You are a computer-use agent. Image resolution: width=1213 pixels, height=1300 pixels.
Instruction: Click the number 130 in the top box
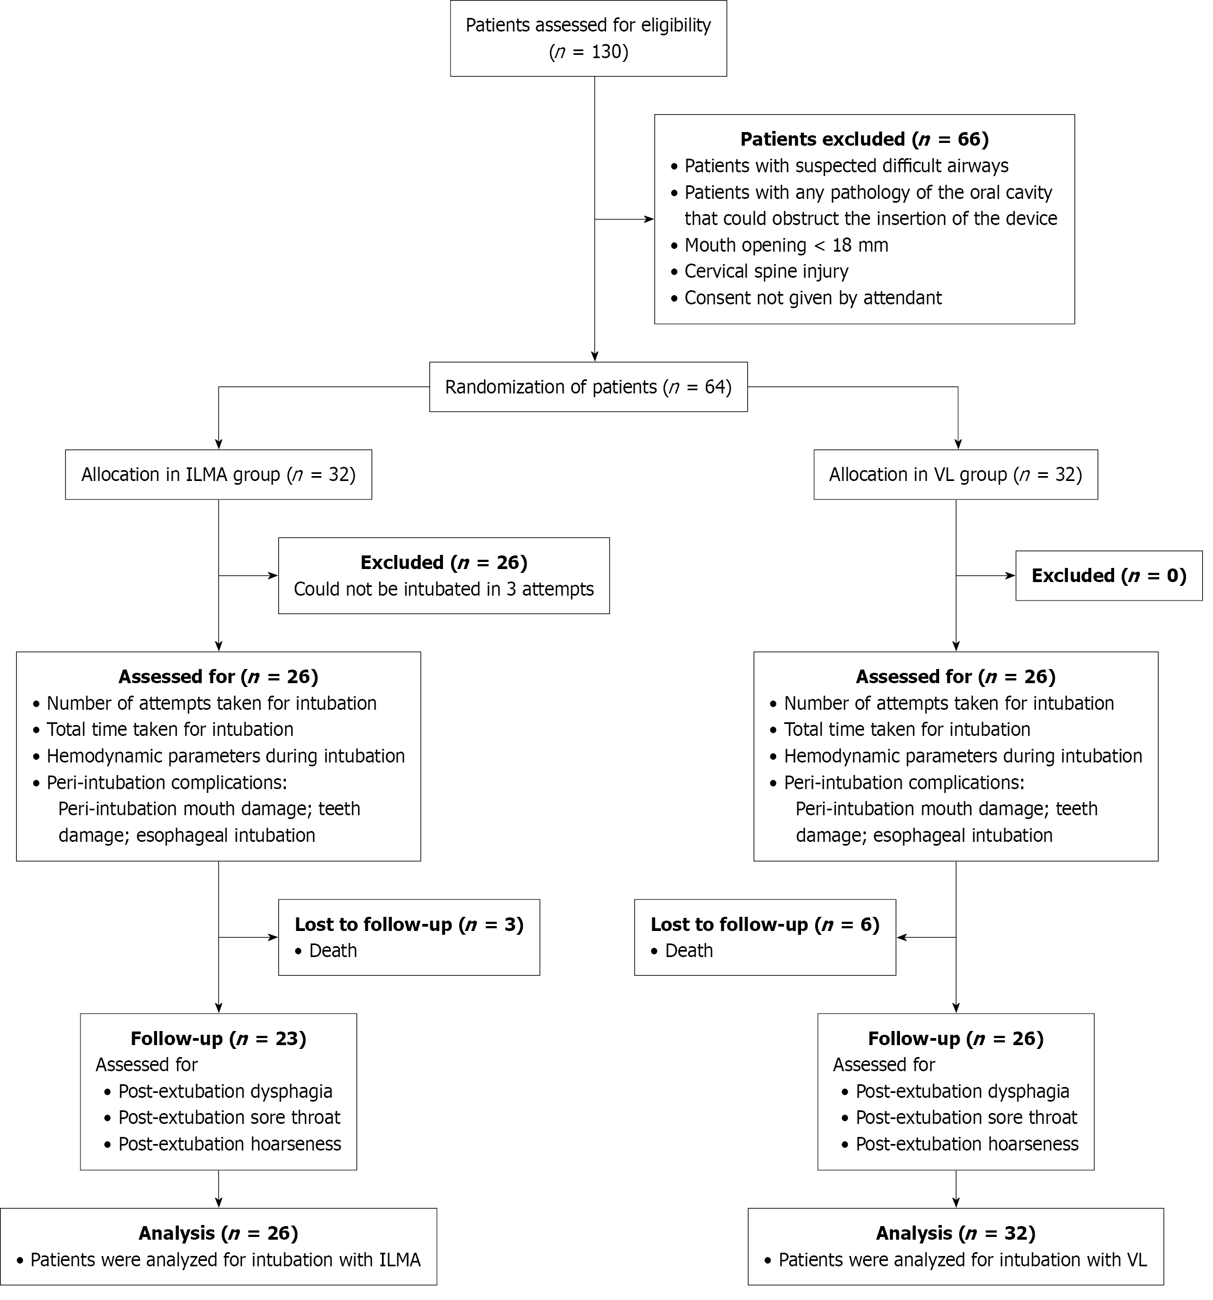tap(605, 52)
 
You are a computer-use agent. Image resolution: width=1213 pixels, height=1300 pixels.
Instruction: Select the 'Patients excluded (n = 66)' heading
tap(864, 139)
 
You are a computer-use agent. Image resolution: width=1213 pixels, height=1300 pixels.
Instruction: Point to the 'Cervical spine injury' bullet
tap(766, 271)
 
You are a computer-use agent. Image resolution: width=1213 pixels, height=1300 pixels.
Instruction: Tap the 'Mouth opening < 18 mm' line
tap(785, 245)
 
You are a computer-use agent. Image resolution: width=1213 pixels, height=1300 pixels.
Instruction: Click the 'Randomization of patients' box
tap(588, 387)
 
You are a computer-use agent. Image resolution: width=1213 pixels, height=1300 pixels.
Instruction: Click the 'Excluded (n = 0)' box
tap(1108, 576)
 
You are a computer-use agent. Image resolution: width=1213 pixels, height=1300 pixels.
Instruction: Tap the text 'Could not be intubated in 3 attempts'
tap(443, 589)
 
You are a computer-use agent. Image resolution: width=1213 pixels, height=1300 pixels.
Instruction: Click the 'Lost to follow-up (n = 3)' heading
tap(409, 924)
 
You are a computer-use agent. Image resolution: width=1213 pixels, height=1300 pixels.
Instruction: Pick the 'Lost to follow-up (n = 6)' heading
tap(765, 924)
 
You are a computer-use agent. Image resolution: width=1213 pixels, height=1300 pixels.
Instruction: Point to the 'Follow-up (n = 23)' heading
tap(218, 1039)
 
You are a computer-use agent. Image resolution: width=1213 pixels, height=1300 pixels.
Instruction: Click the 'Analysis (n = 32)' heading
tap(955, 1233)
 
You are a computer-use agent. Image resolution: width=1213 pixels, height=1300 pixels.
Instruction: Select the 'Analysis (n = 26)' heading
tap(218, 1233)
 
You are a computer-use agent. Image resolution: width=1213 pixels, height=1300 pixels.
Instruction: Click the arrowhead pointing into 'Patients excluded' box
tap(649, 220)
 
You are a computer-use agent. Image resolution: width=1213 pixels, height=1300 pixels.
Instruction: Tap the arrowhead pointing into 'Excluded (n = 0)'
tap(1010, 576)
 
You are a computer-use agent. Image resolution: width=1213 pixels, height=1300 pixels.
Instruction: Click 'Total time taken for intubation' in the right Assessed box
tap(906, 729)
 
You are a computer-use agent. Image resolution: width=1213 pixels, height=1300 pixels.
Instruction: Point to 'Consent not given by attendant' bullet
tap(813, 298)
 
